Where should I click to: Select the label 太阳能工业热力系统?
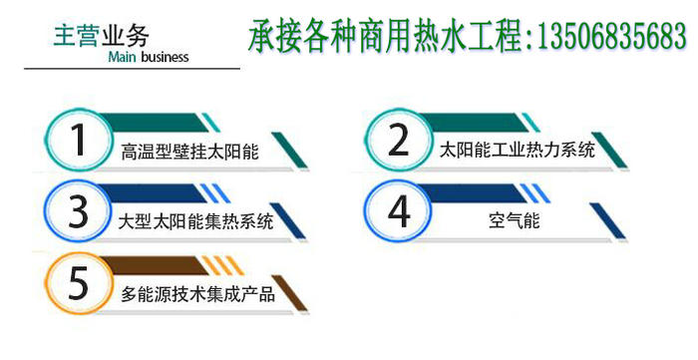tap(517, 151)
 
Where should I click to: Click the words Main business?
tap(146, 56)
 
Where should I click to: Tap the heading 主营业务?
tap(102, 35)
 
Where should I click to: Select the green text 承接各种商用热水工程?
tap(385, 39)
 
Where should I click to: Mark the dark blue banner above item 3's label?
tap(170, 190)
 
